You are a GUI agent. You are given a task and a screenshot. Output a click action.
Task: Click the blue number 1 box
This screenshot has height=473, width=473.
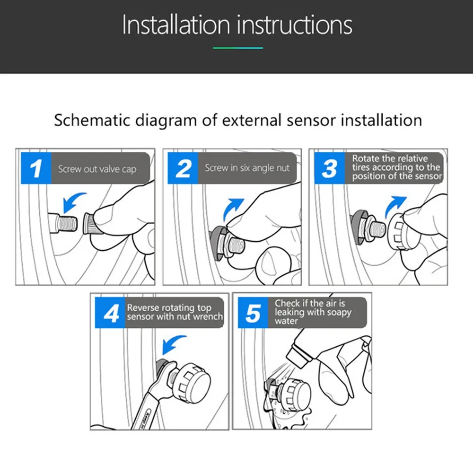[x=36, y=168]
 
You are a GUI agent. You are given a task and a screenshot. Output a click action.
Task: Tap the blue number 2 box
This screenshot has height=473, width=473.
[x=183, y=168]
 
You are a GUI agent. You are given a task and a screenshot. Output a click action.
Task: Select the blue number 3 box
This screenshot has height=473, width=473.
[x=329, y=168]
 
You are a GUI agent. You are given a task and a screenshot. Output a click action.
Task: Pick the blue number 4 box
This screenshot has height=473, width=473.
[x=110, y=313]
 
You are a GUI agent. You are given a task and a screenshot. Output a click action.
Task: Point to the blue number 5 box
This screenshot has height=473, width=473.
[x=253, y=313]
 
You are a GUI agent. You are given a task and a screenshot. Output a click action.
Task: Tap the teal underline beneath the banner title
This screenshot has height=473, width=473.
[x=238, y=48]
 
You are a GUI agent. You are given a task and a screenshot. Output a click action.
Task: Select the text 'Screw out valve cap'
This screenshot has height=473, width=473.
[x=97, y=169]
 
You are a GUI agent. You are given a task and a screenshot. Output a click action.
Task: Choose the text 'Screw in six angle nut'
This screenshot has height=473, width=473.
[x=247, y=168]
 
